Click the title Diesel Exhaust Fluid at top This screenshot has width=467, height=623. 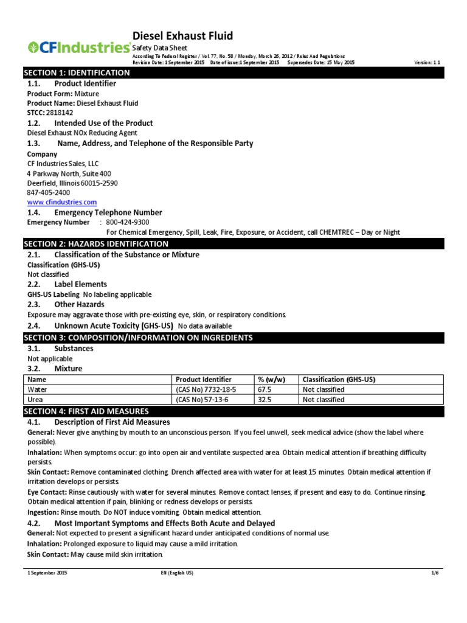[x=182, y=36]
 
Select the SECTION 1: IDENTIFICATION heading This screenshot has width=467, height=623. [x=77, y=73]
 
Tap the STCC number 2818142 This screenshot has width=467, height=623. [x=60, y=113]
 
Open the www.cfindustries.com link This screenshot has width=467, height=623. [x=62, y=202]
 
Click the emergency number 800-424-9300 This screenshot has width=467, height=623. [x=128, y=223]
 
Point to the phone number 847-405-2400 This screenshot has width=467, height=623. [x=48, y=192]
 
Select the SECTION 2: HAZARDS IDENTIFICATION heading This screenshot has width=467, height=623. [x=96, y=244]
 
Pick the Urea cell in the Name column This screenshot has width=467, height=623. [x=36, y=400]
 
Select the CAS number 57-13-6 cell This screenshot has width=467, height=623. [x=204, y=400]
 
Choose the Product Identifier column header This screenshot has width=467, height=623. [x=204, y=379]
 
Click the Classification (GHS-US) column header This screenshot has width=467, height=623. [x=339, y=379]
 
